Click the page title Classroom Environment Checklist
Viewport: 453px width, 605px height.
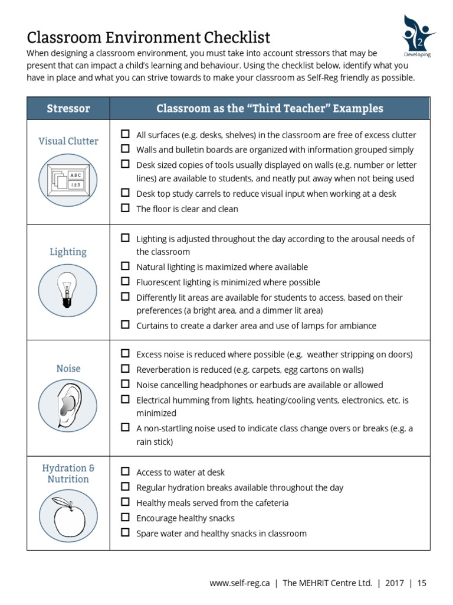[149, 38]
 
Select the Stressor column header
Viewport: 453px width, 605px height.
[68, 109]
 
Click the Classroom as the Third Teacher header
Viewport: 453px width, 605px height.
[270, 109]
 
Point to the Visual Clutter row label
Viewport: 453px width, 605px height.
[68, 141]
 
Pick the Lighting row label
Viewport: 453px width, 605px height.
[68, 252]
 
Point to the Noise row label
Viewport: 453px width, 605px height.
[68, 368]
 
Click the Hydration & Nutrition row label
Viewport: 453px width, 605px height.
[68, 474]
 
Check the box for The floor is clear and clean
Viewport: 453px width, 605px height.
[125, 208]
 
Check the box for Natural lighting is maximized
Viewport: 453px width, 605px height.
[125, 266]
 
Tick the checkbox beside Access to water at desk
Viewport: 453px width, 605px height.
[125, 471]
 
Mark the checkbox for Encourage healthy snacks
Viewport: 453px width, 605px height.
[125, 518]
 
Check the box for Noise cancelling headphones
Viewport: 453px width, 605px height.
[125, 384]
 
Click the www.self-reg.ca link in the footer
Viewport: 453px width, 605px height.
[239, 583]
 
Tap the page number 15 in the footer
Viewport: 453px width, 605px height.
[421, 583]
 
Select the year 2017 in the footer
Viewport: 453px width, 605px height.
[394, 583]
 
